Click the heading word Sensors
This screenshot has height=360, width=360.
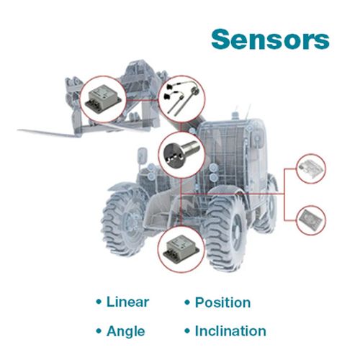270,40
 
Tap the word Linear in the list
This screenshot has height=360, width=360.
127,302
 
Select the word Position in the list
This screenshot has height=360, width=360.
222,302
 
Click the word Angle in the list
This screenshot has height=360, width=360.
126,331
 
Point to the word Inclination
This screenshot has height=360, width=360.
230,331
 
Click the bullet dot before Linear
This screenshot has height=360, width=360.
99,302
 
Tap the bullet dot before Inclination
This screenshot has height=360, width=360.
187,331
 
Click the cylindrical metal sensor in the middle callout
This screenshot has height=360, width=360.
181,153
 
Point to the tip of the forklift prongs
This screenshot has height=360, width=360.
18,130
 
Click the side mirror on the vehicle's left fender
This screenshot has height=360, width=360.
142,155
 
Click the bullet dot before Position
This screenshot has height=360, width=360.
187,302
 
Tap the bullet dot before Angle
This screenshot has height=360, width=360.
99,331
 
